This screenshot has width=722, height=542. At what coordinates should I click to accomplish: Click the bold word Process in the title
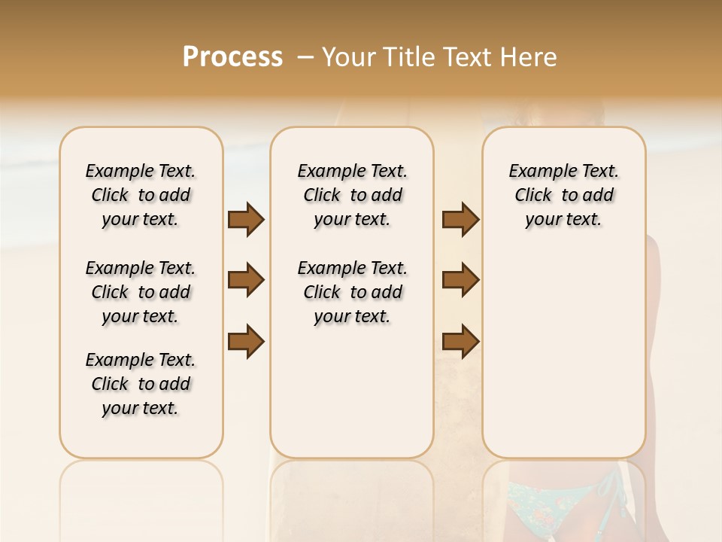click(232, 56)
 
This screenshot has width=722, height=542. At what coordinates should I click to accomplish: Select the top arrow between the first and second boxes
click(246, 219)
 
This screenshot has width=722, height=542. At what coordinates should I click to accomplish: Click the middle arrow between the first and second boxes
click(246, 280)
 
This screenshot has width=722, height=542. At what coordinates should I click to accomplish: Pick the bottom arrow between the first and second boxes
click(246, 341)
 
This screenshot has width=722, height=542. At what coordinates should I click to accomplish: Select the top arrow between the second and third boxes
click(460, 219)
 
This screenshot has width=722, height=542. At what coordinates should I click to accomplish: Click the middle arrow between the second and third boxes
click(460, 280)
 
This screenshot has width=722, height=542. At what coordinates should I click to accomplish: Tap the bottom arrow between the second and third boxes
click(460, 341)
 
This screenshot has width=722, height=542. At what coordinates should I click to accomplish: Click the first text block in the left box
click(141, 195)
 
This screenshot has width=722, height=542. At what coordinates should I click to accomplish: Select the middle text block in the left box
click(141, 292)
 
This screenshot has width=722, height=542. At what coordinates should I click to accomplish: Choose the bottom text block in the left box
click(141, 384)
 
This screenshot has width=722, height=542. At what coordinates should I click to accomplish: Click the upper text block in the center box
click(352, 195)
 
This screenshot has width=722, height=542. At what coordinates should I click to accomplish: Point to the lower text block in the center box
click(352, 292)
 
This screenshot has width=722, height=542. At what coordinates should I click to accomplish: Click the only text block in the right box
click(563, 195)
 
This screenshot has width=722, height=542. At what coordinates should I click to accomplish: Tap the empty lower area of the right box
click(563, 354)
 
